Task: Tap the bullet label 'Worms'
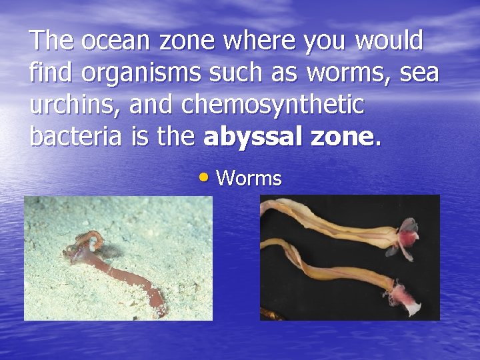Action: [249, 178]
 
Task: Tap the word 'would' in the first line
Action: [389, 42]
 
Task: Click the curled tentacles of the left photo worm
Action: [92, 241]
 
